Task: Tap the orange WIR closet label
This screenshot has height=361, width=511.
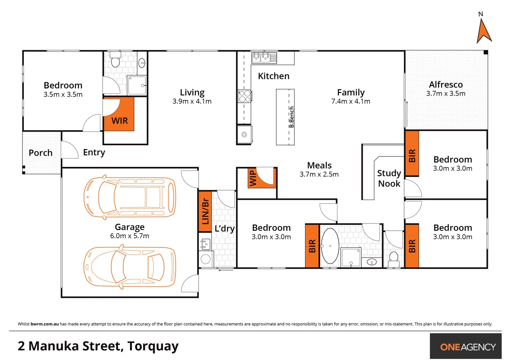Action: click(119, 120)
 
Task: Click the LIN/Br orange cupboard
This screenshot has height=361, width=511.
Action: click(205, 211)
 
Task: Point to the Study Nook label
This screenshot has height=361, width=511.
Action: click(389, 178)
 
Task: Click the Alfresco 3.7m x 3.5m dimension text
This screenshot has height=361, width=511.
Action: click(446, 94)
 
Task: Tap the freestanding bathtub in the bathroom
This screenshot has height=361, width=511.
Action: click(330, 246)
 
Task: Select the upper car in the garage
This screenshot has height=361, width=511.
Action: click(130, 197)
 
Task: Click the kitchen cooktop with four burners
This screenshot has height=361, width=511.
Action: click(245, 96)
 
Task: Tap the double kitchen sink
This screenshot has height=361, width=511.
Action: click(261, 57)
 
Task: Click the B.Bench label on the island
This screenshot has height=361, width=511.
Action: click(291, 117)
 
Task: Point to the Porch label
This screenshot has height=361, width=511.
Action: click(40, 153)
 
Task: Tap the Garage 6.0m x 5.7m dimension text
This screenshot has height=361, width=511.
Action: click(130, 236)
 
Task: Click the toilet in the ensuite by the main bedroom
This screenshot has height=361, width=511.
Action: click(115, 61)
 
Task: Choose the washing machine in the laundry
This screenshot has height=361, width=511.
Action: click(205, 259)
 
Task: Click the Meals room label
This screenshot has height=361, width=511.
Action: click(319, 165)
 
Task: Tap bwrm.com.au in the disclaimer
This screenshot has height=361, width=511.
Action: click(45, 324)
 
